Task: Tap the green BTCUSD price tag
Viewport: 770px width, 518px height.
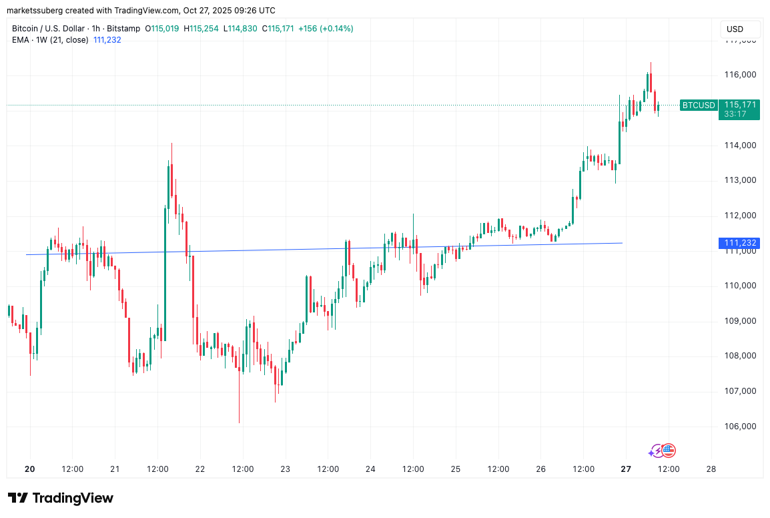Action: point(699,105)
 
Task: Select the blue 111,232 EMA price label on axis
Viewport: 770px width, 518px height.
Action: point(739,243)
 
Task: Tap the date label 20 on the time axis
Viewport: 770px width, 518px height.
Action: point(29,469)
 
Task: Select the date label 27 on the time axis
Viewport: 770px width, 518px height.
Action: point(626,469)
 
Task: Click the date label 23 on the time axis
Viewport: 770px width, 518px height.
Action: point(285,469)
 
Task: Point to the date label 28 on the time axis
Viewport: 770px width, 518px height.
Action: point(711,469)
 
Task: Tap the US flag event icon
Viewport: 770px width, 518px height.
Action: point(669,451)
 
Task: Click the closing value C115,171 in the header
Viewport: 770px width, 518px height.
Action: point(278,29)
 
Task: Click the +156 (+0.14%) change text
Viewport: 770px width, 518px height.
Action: point(326,29)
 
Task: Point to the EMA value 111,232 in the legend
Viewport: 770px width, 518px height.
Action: point(107,40)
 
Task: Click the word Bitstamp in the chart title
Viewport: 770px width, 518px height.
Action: point(124,29)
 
